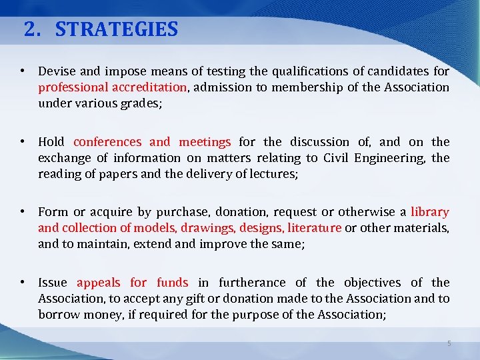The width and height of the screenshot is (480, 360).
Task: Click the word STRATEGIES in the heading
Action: [x=117, y=29]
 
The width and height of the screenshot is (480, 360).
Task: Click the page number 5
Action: [x=449, y=343]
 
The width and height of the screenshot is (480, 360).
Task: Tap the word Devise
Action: [x=55, y=71]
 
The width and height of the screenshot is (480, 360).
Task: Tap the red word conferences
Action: [x=107, y=142]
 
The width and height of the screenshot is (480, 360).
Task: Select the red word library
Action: [x=430, y=212]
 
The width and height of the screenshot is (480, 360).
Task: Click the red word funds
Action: [x=173, y=283]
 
